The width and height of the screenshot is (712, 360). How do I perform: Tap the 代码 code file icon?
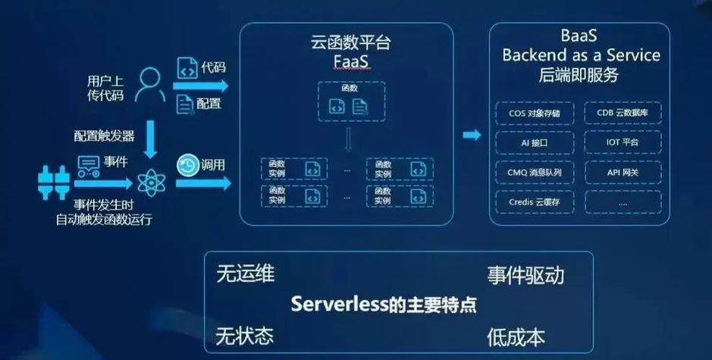point(187,68)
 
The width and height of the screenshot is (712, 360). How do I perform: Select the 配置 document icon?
point(185,103)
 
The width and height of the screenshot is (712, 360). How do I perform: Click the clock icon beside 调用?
point(187,164)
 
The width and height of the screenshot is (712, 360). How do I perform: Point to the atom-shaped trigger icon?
point(149,182)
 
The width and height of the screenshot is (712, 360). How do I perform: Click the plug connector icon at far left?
point(54,183)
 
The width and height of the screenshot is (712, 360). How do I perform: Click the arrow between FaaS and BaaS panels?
point(472,135)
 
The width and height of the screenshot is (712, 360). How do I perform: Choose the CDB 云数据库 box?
point(623,114)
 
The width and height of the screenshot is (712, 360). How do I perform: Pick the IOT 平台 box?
point(623,143)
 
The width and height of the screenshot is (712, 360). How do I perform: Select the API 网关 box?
point(623,173)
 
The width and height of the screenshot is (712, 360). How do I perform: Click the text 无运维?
point(245,274)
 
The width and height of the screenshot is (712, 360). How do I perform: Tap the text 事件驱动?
point(525,275)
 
